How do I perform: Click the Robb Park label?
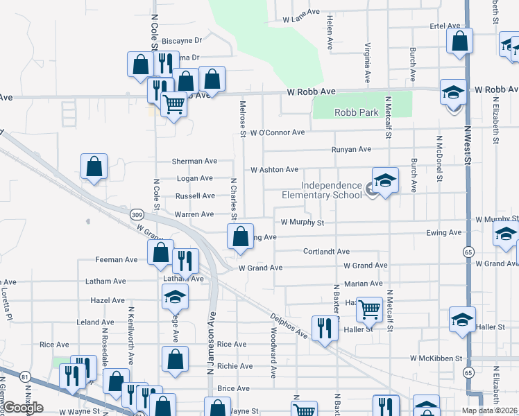[355, 112]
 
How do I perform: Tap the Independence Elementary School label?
[332, 190]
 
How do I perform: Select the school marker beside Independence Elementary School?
[385, 181]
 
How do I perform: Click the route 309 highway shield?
[136, 216]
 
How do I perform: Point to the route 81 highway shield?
[26, 376]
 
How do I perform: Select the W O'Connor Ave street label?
[278, 132]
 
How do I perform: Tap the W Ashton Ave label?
[274, 169]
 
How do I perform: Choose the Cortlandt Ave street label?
[326, 252]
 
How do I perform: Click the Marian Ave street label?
[363, 283]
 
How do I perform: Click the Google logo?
[23, 408]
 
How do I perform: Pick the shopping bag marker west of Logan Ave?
[94, 166]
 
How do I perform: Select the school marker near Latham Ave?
[175, 299]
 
